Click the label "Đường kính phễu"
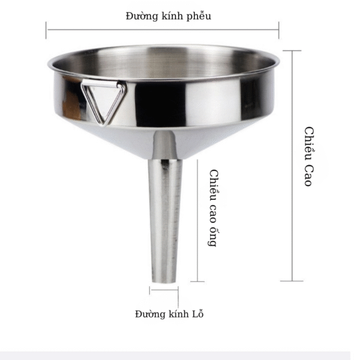[x=168, y=16]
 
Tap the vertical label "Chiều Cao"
[x=309, y=157]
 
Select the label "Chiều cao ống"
[x=214, y=208]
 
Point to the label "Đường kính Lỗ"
[x=169, y=314]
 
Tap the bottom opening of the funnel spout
[x=164, y=281]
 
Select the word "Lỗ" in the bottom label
[x=197, y=313]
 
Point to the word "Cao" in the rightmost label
[x=309, y=175]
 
